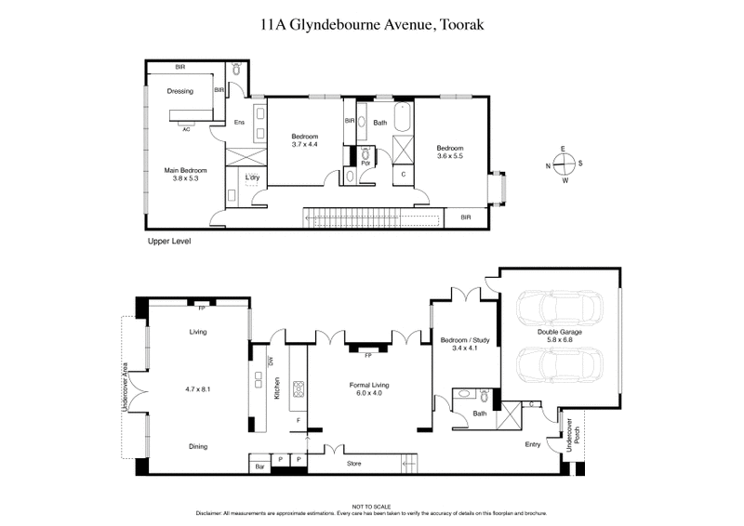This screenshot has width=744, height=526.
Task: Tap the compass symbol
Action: click(564, 164)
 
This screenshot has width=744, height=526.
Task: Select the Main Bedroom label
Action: click(185, 170)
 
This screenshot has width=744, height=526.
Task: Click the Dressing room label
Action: click(179, 91)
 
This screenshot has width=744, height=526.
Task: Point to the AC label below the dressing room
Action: click(186, 129)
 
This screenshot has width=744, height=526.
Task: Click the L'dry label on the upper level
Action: click(252, 178)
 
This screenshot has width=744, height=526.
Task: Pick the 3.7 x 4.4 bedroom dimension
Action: click(305, 144)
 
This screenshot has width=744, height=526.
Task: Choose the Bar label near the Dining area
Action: click(259, 466)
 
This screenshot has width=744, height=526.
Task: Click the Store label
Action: click(353, 464)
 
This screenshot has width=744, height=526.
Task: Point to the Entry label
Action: click(532, 444)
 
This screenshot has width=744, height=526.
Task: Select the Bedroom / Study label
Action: click(464, 340)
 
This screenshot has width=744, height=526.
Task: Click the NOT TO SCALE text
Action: click(371, 506)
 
